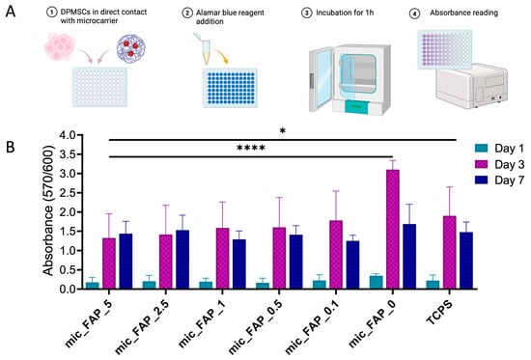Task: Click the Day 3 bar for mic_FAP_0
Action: (x=393, y=230)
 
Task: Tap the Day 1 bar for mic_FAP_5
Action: (x=93, y=286)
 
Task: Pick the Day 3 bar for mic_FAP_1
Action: (x=222, y=259)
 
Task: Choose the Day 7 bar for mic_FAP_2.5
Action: (x=182, y=260)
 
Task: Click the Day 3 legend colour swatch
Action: (x=481, y=164)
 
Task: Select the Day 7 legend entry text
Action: (x=509, y=180)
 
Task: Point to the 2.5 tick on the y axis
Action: (x=80, y=193)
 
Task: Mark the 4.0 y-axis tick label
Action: (x=69, y=135)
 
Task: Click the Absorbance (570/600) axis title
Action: (x=49, y=210)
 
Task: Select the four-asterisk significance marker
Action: (x=251, y=148)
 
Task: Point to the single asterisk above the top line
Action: (x=283, y=131)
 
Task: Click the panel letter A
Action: (x=11, y=12)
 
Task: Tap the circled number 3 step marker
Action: (x=306, y=14)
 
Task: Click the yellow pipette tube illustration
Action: (x=205, y=48)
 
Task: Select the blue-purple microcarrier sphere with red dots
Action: (x=131, y=48)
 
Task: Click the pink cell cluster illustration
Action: (x=60, y=45)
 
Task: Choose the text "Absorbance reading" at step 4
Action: (x=464, y=13)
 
